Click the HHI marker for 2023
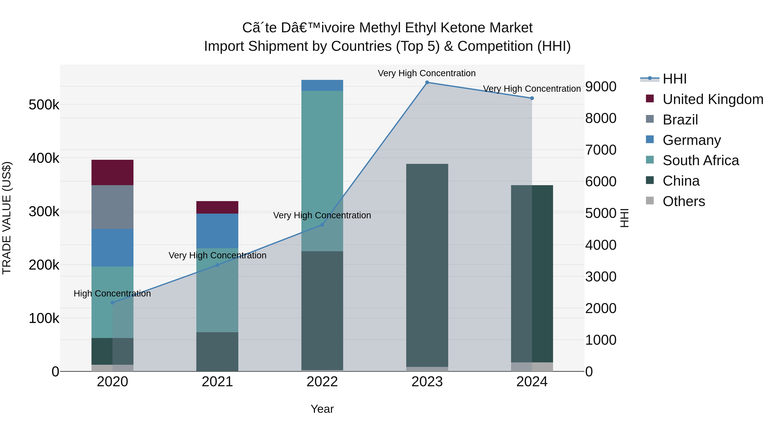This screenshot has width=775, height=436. point(427,82)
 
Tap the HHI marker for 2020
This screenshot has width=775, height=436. point(113,303)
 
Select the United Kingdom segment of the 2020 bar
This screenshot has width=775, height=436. point(113,172)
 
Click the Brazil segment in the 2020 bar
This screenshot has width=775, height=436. point(113,207)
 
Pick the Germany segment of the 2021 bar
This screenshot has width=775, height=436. point(217,231)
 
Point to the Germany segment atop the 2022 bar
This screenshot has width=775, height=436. point(322,85)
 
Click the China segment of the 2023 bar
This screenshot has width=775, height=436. point(427,265)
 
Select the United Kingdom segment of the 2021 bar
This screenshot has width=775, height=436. point(217,207)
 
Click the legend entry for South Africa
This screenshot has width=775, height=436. point(700,160)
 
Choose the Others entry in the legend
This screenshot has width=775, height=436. point(684,201)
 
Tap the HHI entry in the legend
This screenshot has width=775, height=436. point(674,79)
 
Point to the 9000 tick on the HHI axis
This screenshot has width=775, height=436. point(600,87)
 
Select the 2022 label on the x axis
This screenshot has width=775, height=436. point(322,382)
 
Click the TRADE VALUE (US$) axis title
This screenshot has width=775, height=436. point(7,218)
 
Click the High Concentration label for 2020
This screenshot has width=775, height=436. point(112,293)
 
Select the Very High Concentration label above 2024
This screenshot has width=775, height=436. point(532,89)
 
